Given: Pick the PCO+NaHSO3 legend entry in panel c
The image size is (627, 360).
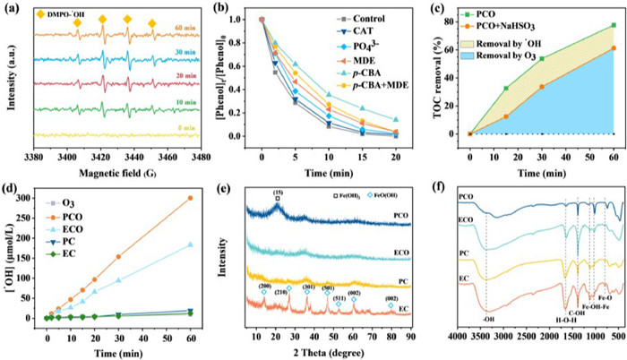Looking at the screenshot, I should click(519, 27).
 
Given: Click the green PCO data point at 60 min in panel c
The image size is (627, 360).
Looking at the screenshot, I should click(614, 25).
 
